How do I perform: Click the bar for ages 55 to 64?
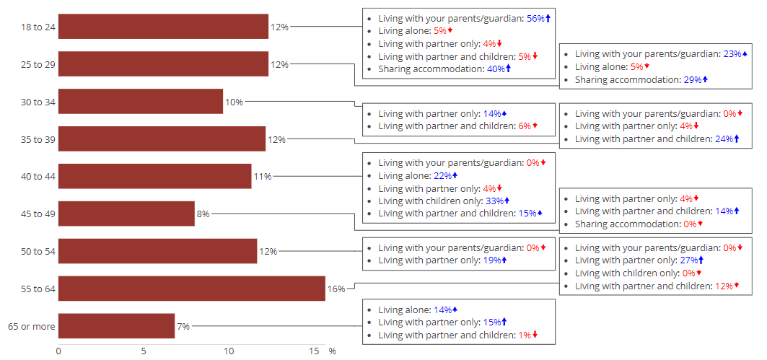(x=191, y=289)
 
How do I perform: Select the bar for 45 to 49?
(x=126, y=214)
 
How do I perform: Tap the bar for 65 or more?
(x=116, y=326)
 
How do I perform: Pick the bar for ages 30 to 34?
(x=140, y=101)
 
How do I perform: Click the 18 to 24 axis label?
(x=38, y=27)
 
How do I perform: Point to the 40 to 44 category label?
(x=38, y=176)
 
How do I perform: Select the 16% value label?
(x=336, y=289)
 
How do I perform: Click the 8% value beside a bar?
(x=203, y=214)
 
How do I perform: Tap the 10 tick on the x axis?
(x=229, y=351)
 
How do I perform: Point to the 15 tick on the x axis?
(x=314, y=351)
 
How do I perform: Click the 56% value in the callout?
(x=535, y=18)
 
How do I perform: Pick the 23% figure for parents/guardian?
(x=732, y=53)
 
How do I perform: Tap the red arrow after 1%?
(x=535, y=335)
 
